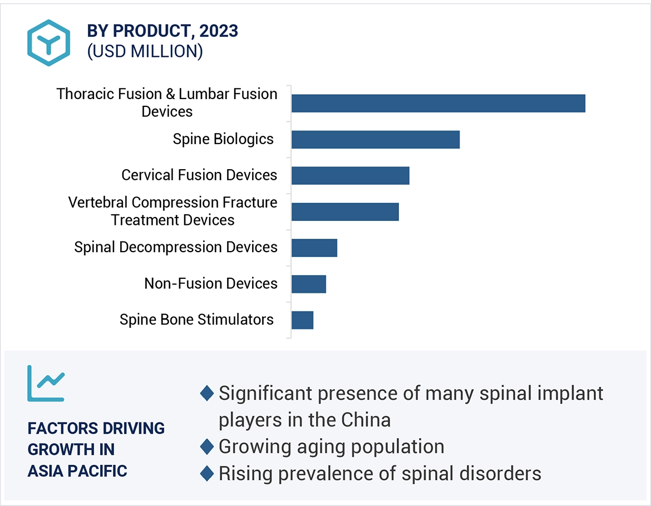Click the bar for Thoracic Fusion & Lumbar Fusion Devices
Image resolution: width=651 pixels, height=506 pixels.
tap(438, 104)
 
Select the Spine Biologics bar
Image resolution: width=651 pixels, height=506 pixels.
tap(376, 140)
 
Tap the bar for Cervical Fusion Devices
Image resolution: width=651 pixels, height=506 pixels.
tap(350, 175)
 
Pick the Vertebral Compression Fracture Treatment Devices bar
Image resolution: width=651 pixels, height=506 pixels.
tap(345, 212)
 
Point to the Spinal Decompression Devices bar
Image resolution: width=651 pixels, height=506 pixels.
tap(314, 248)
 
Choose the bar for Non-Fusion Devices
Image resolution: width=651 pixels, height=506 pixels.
tap(309, 284)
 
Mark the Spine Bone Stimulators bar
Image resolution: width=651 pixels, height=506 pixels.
tap(302, 320)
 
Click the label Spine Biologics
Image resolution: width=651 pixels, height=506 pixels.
tap(223, 139)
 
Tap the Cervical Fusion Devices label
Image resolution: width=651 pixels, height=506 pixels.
tap(199, 175)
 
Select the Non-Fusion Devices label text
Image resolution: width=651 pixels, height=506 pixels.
tap(211, 283)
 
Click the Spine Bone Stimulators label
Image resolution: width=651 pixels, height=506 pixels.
tap(196, 320)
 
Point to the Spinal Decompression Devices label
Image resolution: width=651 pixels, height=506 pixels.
tap(176, 247)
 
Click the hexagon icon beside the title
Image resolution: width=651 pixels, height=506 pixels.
tap(49, 43)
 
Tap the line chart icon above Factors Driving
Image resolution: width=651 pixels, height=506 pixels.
tap(46, 384)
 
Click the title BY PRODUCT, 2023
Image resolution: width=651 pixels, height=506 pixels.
tap(162, 31)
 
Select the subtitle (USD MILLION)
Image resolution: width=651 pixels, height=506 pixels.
tap(145, 51)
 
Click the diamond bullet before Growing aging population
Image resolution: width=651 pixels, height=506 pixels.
tap(207, 446)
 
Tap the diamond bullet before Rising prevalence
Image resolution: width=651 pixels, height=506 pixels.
tap(207, 473)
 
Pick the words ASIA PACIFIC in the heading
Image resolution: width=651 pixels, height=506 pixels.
tap(77, 471)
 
